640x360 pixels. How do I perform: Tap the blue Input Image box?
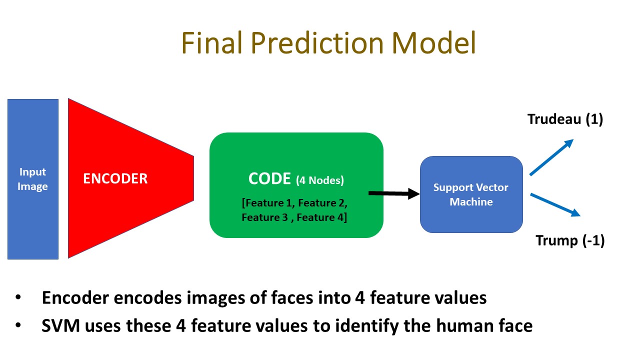pyautogui.click(x=33, y=179)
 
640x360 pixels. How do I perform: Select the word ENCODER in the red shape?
pyautogui.click(x=115, y=179)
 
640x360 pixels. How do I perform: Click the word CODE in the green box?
pyautogui.click(x=270, y=179)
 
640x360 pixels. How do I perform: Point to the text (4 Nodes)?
pyautogui.click(x=320, y=180)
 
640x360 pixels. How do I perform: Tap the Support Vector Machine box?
pyautogui.click(x=471, y=194)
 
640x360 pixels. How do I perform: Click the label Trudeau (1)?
pyautogui.click(x=565, y=119)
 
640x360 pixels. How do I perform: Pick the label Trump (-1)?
pyautogui.click(x=570, y=240)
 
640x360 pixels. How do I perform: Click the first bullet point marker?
pyautogui.click(x=18, y=298)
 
